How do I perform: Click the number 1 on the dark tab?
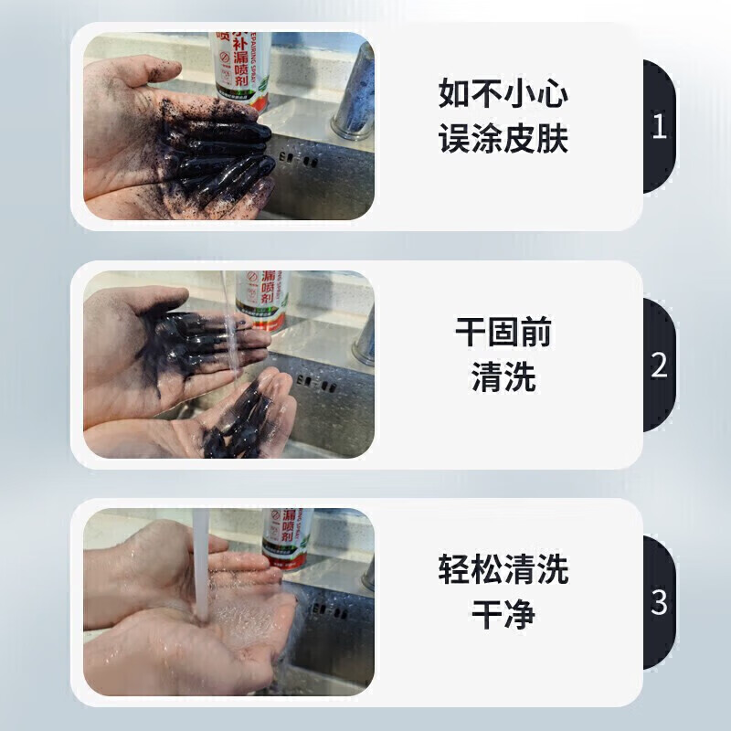point(659,126)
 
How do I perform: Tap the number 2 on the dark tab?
point(659,365)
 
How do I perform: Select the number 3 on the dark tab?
point(659,603)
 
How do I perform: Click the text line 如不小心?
point(503,93)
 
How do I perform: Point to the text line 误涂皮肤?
point(503,139)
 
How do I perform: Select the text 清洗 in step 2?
point(503,378)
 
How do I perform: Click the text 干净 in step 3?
point(503,616)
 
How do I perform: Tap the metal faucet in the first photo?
point(352,96)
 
